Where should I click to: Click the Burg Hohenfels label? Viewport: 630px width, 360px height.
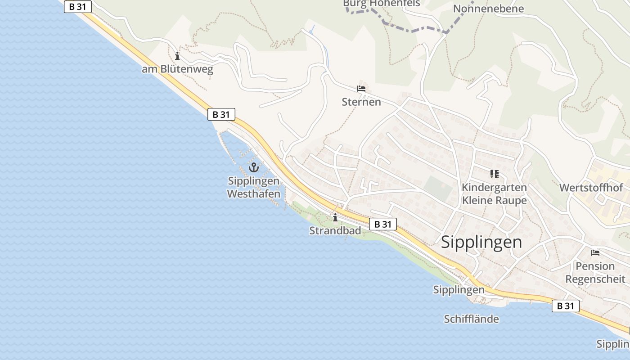(x=381, y=4)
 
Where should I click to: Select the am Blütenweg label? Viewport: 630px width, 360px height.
(x=177, y=69)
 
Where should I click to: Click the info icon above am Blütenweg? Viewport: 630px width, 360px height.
(x=177, y=56)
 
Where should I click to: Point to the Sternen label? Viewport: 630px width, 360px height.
(x=361, y=102)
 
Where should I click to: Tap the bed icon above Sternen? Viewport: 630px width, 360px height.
(x=361, y=88)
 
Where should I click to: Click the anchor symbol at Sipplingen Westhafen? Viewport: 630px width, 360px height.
(x=254, y=168)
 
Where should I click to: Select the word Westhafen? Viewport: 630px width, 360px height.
(x=254, y=194)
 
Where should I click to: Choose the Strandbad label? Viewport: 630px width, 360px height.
(x=335, y=231)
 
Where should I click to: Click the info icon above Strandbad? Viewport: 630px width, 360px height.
(x=335, y=218)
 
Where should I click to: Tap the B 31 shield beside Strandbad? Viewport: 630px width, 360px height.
(x=383, y=224)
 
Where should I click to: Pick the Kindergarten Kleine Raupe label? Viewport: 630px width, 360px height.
(x=494, y=193)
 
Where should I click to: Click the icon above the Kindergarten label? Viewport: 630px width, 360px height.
(x=494, y=174)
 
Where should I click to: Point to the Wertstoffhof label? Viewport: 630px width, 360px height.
(x=591, y=188)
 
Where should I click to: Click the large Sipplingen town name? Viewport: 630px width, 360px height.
(x=481, y=242)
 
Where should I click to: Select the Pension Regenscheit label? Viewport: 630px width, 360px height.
(x=595, y=272)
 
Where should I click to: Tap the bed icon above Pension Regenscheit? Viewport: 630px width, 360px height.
(x=595, y=253)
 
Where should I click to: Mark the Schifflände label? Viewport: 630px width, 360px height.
(x=471, y=319)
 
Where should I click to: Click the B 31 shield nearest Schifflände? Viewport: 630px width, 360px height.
(x=566, y=306)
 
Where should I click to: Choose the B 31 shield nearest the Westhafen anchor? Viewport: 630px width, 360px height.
(x=221, y=114)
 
